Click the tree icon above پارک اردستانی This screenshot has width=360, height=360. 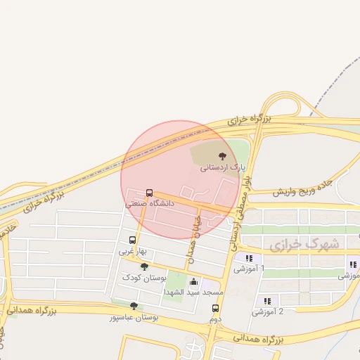click(222, 156)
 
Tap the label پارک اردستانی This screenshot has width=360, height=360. click(223, 168)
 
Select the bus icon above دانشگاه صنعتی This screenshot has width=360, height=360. click(149, 193)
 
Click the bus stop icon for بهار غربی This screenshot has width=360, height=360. click(132, 240)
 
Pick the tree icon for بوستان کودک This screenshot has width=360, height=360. click(144, 266)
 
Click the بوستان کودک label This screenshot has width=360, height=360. click(142, 277)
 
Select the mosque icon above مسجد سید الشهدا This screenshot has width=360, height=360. click(193, 282)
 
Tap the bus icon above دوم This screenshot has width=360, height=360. click(215, 308)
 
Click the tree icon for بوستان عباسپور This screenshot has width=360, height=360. click(134, 306)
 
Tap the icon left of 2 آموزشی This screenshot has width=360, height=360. click(266, 301)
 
